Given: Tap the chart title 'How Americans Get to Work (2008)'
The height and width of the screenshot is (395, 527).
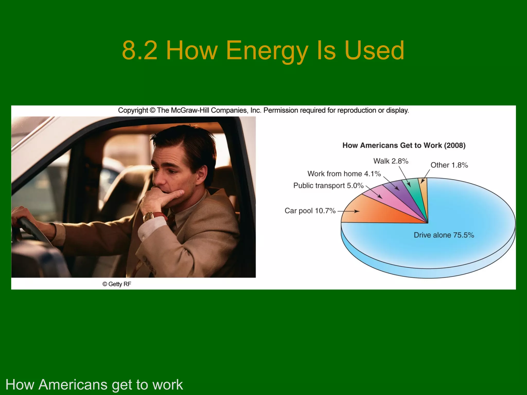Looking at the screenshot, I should (x=404, y=145).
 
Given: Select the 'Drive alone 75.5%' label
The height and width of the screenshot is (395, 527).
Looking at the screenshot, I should (x=444, y=235).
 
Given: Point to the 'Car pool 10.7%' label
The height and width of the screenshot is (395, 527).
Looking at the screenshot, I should (x=310, y=211).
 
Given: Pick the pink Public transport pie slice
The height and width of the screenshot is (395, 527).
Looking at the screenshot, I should (x=391, y=202).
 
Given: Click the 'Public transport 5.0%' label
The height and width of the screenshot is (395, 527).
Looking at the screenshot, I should (x=328, y=186).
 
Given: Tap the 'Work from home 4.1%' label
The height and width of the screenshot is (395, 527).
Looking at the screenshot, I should (x=344, y=174).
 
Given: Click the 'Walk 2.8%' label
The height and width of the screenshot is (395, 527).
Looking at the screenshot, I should (x=391, y=161).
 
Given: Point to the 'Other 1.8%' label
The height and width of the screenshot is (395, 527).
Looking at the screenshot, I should (x=449, y=165).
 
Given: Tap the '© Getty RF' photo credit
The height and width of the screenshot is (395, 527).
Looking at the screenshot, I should (x=117, y=284).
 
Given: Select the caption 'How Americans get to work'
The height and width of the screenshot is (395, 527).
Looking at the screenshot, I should (x=94, y=385).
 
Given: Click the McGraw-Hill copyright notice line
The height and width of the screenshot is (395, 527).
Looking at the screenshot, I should (x=263, y=111).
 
